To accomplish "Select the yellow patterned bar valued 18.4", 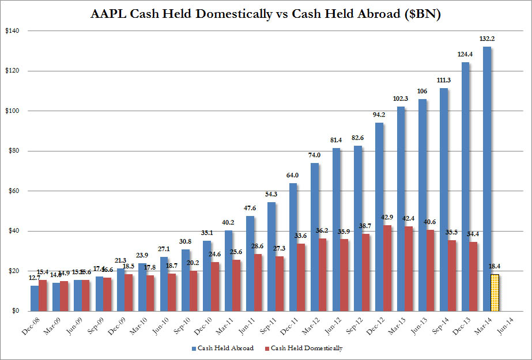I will (x=495, y=293).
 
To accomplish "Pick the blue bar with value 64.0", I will (x=293, y=247).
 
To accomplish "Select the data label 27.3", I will (x=279, y=249).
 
